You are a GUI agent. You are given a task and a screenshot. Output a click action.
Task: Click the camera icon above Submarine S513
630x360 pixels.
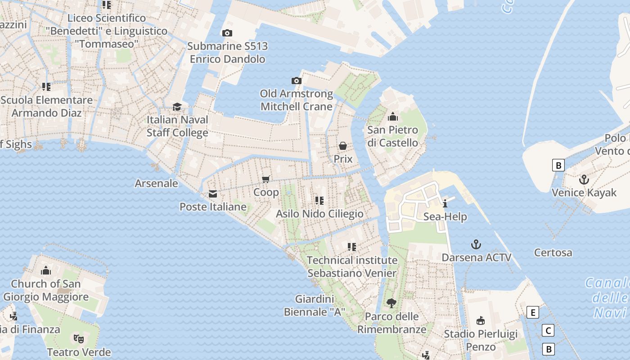(x=227, y=33)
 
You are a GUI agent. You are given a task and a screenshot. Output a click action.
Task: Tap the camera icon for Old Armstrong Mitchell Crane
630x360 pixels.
(x=297, y=81)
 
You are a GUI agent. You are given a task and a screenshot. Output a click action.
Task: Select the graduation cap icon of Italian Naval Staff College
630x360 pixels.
(x=177, y=107)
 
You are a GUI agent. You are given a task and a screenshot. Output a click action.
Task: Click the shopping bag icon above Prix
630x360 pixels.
(x=343, y=146)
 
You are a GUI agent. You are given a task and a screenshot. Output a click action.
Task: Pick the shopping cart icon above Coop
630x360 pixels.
(x=266, y=179)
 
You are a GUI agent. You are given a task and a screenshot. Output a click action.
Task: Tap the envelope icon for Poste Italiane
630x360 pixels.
(x=213, y=194)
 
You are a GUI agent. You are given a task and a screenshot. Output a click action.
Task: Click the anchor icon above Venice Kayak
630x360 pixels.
(x=584, y=180)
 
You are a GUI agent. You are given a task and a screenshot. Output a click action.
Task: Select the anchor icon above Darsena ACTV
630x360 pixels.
(x=476, y=244)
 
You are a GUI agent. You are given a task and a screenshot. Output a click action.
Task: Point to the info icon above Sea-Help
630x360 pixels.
(x=445, y=203)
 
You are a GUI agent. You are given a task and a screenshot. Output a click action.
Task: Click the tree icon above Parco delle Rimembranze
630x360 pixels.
(x=391, y=303)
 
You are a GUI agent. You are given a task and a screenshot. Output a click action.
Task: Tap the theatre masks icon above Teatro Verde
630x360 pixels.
(x=79, y=338)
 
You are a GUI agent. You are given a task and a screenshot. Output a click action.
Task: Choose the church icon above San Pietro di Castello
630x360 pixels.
(x=393, y=117)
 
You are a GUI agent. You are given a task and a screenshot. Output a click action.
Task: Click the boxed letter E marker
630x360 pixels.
(x=533, y=312)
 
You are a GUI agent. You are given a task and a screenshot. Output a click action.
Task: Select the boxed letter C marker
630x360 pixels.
(x=548, y=331)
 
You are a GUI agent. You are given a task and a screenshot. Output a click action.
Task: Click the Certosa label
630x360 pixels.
(x=553, y=252)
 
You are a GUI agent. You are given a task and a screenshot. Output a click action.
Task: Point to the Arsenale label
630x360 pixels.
(x=156, y=184)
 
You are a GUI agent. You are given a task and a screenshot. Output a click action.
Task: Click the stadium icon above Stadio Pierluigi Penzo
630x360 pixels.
(x=481, y=320)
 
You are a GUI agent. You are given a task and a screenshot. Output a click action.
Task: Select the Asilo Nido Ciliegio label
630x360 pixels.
(x=319, y=213)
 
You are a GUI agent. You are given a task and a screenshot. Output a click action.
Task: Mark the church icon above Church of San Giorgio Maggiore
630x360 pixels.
(x=46, y=270)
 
